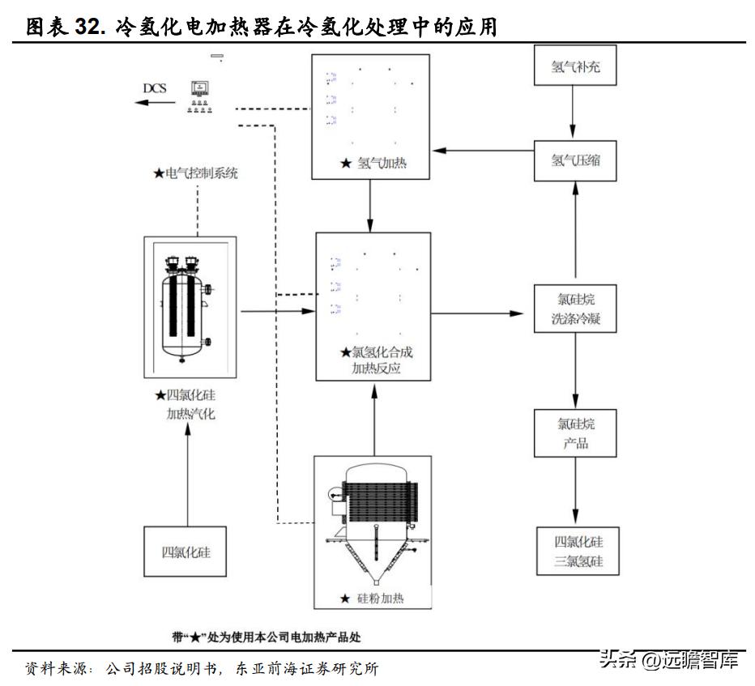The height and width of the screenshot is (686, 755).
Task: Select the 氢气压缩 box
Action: pos(575,160)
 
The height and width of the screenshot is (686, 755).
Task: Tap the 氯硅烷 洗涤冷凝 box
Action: pos(575,309)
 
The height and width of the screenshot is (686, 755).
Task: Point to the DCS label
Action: pos(155,87)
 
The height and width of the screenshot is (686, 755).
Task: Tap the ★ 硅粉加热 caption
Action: pos(372,599)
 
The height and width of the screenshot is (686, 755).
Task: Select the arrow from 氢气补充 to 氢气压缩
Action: pos(575,113)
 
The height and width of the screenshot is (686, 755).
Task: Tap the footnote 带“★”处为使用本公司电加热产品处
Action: pos(267,637)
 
